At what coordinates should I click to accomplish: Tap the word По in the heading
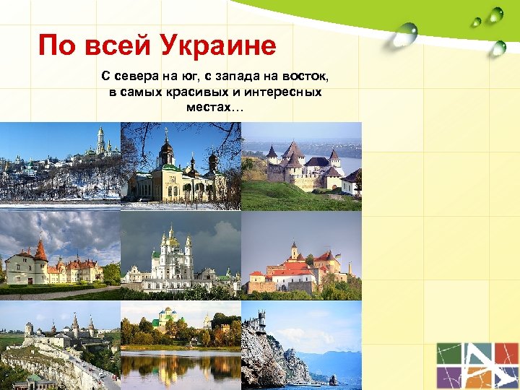[56, 47]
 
